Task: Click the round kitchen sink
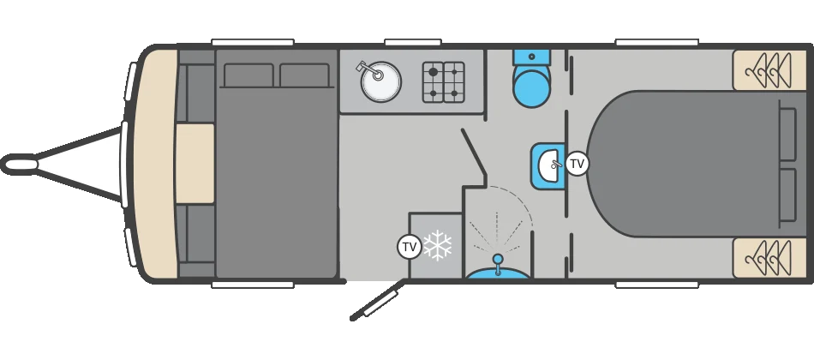(381, 81)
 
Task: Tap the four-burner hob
(443, 82)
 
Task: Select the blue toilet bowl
(531, 87)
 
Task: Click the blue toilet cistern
(531, 57)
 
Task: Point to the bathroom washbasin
(548, 165)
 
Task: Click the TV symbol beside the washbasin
(577, 164)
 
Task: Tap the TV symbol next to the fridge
(410, 247)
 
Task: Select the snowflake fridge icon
(438, 244)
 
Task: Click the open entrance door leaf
(377, 300)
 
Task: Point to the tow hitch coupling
(20, 165)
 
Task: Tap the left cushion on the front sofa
(248, 75)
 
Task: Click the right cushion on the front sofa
(304, 75)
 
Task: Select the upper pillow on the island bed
(788, 134)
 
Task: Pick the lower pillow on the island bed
(788, 195)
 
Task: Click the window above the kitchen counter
(413, 42)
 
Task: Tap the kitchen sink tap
(368, 70)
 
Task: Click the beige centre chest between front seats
(195, 163)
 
